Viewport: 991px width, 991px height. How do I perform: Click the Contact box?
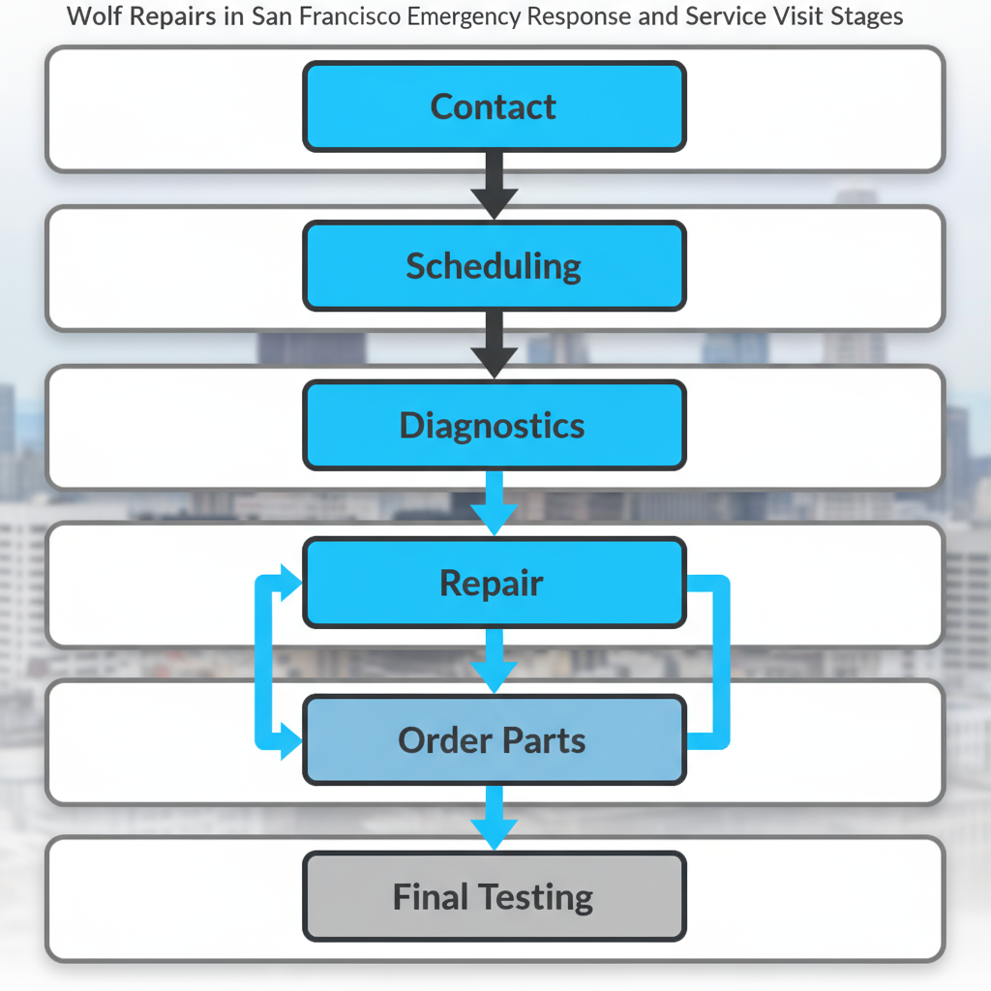point(494,106)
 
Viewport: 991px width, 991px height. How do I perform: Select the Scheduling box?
point(494,266)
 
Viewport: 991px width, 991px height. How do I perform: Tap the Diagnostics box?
point(494,426)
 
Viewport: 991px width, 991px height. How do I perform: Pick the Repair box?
point(494,584)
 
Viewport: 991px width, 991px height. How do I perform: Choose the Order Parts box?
point(494,740)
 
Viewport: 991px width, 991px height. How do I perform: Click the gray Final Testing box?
point(494,897)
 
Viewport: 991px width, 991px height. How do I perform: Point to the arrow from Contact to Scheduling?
point(495,185)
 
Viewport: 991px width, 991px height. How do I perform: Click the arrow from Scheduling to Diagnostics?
point(495,345)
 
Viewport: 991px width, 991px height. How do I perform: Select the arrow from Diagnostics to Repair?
point(495,503)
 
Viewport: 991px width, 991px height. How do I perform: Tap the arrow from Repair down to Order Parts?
point(495,662)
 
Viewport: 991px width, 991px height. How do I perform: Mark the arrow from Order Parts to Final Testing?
point(495,819)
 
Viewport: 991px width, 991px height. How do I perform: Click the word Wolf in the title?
point(93,17)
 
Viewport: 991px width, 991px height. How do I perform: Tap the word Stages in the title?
point(866,17)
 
